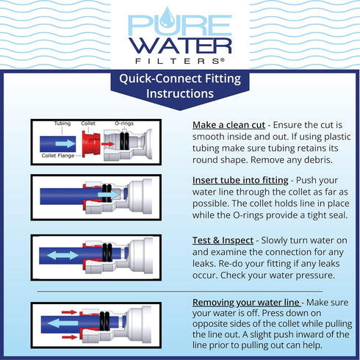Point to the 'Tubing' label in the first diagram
pos(62,123)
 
